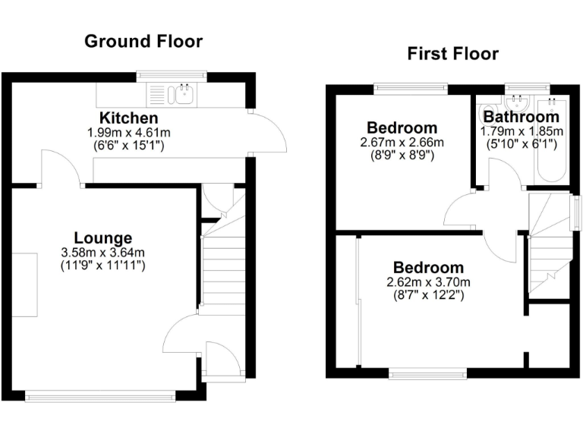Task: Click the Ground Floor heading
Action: (143, 41)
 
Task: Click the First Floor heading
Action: (452, 53)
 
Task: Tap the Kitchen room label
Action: (129, 118)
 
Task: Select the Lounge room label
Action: (103, 238)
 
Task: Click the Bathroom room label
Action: (522, 118)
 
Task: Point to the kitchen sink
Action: (182, 95)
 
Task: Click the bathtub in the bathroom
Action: (549, 140)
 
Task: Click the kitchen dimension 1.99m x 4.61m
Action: (129, 132)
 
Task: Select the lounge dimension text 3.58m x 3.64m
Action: (104, 253)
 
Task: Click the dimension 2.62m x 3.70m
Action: (427, 282)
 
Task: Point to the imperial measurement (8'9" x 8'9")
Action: (402, 156)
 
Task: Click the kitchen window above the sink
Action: (172, 75)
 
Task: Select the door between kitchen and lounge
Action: (61, 168)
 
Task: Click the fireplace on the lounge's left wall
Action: (25, 285)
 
